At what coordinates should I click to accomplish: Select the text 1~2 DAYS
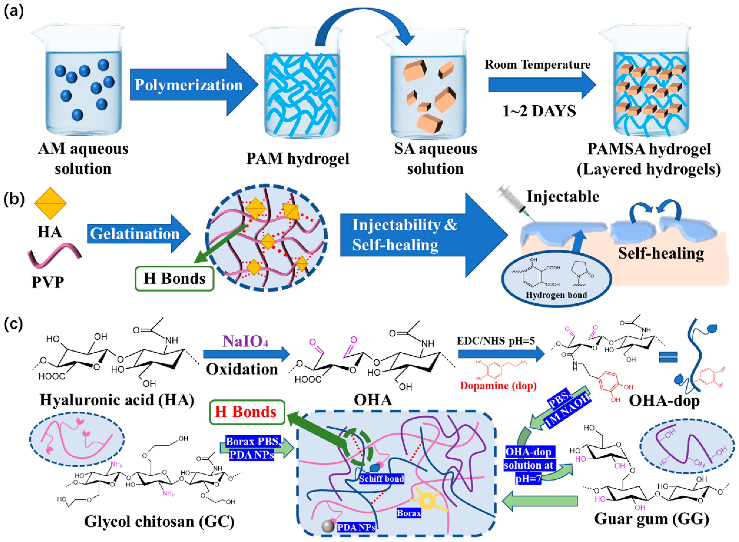539,111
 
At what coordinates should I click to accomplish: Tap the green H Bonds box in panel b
174,279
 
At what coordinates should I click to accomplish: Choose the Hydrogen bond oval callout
556,279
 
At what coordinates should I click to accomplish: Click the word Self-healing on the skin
661,253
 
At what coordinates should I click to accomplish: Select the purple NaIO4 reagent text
245,341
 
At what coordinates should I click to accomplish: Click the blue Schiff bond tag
381,479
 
